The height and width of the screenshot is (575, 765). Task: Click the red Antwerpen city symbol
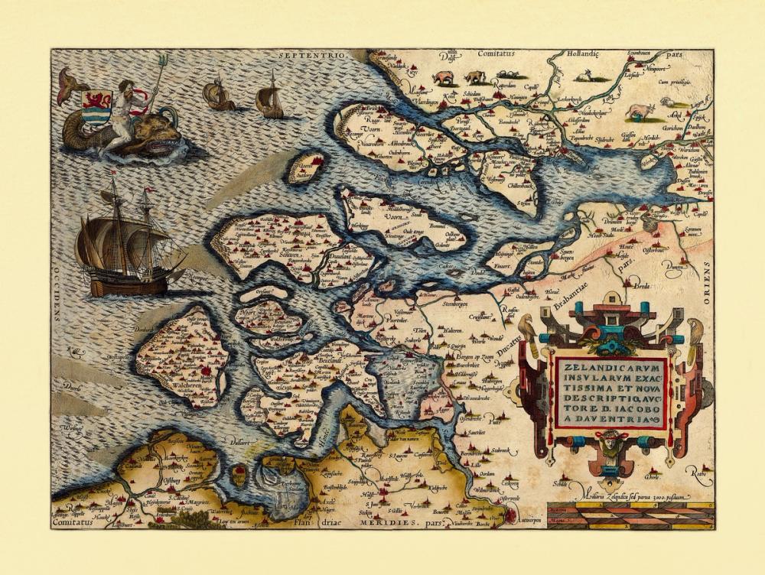point(510,518)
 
